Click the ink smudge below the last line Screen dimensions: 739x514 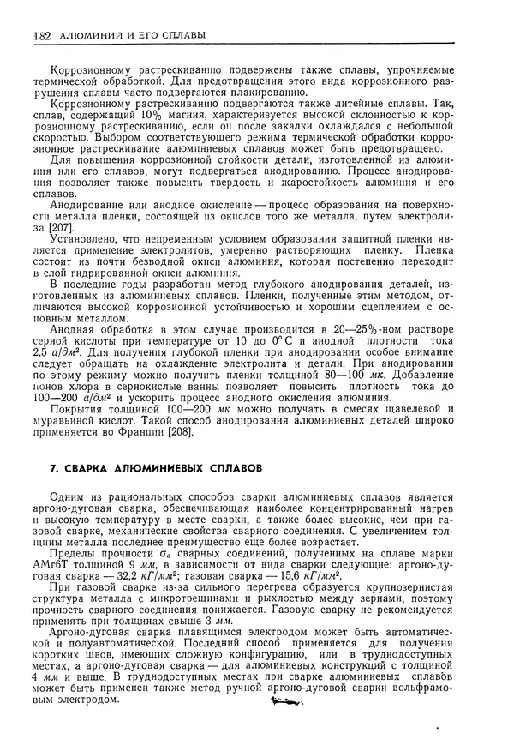pyautogui.click(x=283, y=703)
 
